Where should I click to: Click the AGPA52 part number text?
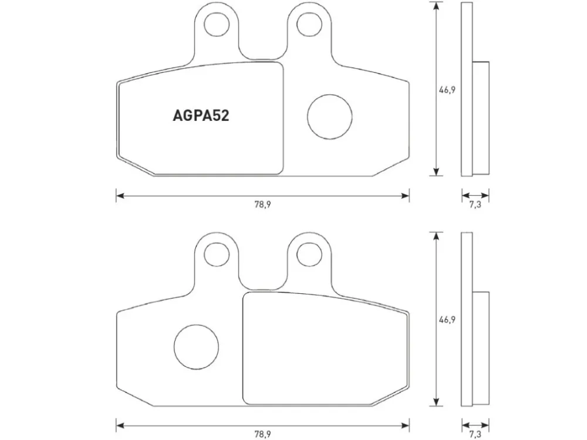tap(201, 116)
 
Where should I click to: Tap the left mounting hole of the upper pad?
tap(217, 24)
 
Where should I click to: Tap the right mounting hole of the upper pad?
tap(309, 24)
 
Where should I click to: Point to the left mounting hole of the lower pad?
tap(217, 255)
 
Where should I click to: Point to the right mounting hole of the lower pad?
tap(309, 255)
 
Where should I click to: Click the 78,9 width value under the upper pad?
tap(262, 205)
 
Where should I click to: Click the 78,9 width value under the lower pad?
tap(262, 434)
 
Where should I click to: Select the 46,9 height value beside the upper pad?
tap(447, 90)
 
